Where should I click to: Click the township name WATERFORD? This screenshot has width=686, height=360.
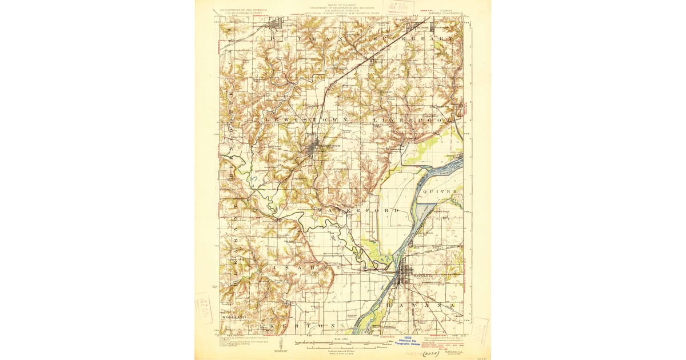pyautogui.click(x=357, y=211)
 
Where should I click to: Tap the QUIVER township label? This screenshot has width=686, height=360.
pyautogui.click(x=440, y=191)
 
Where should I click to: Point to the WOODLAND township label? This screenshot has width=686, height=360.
pyautogui.click(x=234, y=317)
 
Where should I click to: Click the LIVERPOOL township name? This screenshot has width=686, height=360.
pyautogui.click(x=412, y=121)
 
